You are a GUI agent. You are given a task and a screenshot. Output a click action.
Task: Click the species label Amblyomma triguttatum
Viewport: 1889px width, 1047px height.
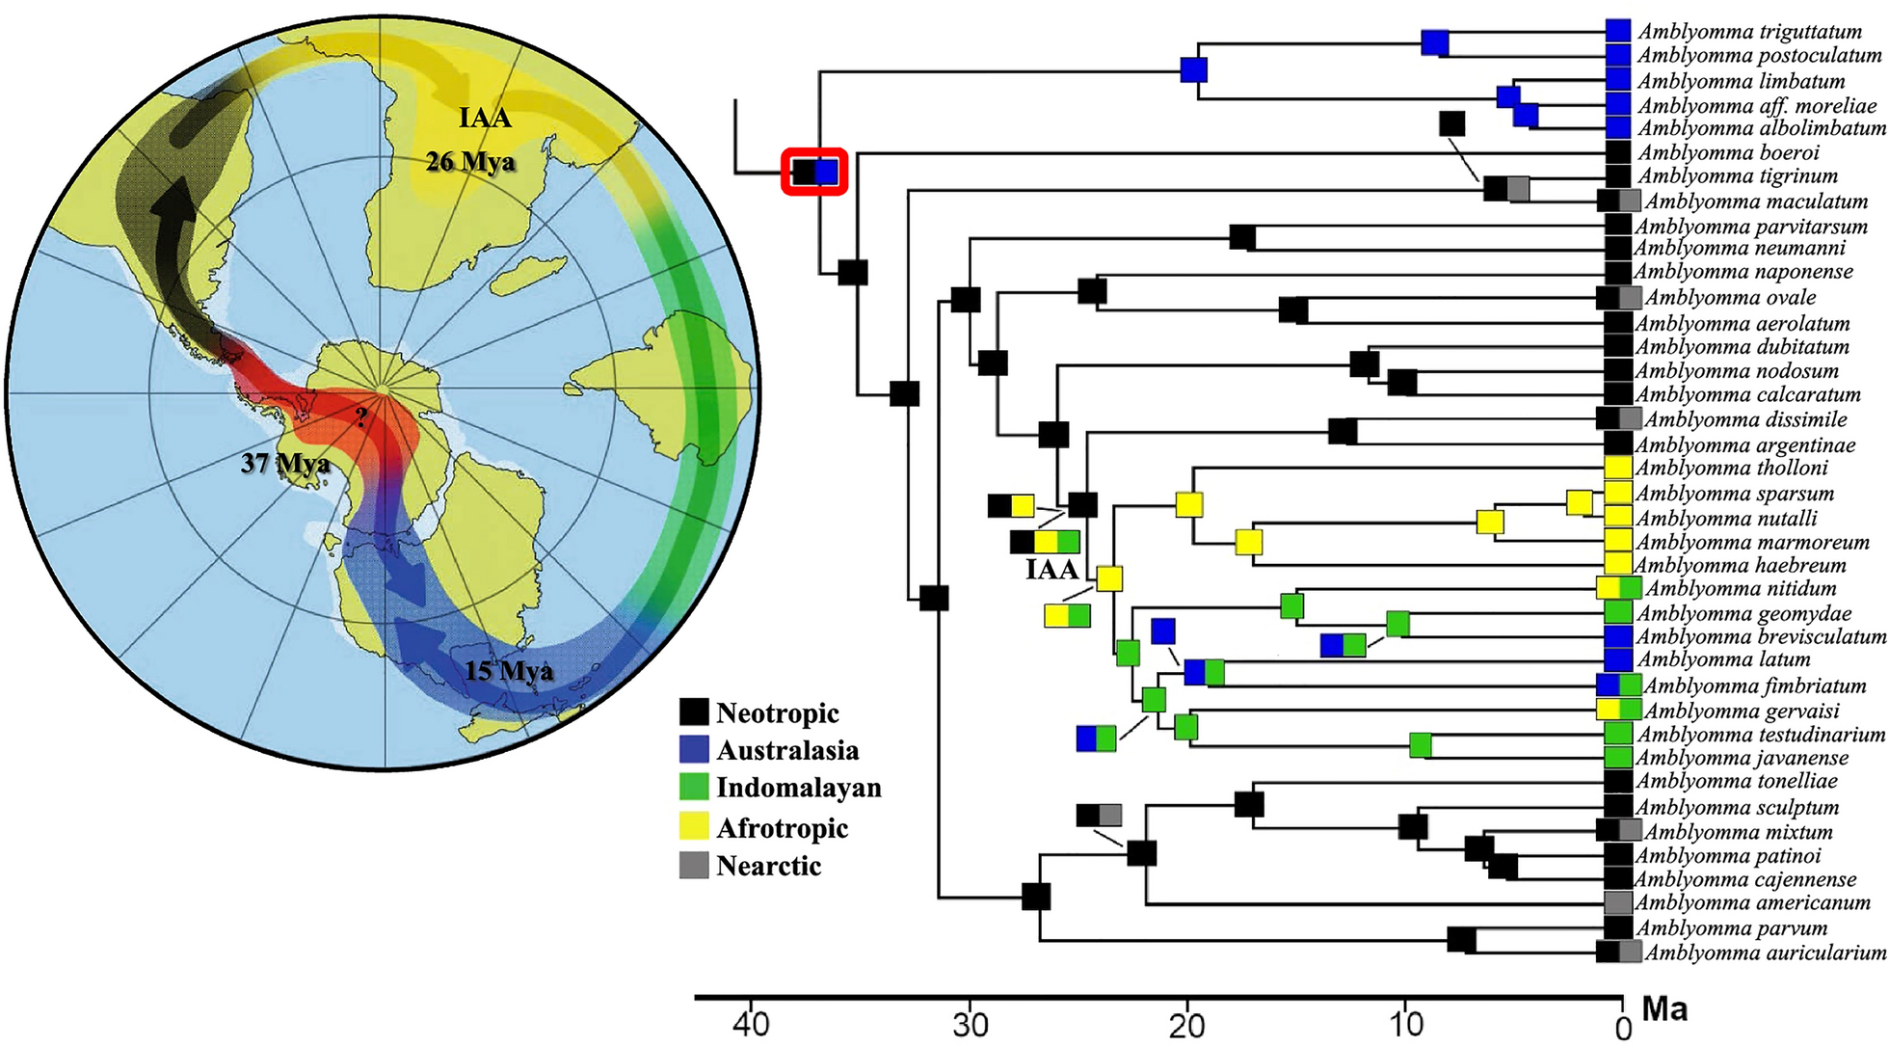(1748, 32)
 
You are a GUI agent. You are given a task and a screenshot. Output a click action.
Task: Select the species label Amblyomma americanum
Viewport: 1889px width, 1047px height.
(1752, 903)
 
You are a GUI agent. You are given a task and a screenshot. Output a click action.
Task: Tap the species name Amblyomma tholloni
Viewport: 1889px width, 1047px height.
(1732, 469)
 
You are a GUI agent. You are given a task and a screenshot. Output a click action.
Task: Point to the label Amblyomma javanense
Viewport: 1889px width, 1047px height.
(1742, 758)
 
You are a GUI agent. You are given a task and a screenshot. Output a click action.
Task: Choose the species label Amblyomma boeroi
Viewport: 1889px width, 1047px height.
(1728, 152)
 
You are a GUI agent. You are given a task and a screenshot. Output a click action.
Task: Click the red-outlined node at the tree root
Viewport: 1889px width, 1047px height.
(814, 172)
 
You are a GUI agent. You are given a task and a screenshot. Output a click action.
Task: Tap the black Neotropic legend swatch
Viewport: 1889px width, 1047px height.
(694, 712)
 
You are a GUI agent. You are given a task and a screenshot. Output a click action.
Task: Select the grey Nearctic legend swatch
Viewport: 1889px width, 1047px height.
(694, 865)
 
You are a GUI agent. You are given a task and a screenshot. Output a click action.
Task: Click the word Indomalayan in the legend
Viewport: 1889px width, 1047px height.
(799, 788)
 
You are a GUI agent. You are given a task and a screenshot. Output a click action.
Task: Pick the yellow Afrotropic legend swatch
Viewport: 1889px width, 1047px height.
(694, 827)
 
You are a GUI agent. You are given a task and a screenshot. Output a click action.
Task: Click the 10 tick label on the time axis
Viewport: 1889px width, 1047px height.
(1407, 1024)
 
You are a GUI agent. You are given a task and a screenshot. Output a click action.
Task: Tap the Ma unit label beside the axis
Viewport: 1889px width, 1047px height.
(1664, 1009)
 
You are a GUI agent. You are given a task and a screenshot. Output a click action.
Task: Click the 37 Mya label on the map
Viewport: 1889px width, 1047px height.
(285, 464)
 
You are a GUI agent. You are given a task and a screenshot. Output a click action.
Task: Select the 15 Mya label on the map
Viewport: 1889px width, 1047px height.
(509, 670)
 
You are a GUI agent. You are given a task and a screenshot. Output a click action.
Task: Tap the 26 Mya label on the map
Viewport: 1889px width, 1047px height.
(470, 161)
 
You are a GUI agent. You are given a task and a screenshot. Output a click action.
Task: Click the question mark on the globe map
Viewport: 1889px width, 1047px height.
(360, 417)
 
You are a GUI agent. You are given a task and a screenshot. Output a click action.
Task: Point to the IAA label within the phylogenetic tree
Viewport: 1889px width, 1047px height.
(1052, 570)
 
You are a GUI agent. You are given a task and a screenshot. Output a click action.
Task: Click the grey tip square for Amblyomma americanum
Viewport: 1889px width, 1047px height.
(1618, 903)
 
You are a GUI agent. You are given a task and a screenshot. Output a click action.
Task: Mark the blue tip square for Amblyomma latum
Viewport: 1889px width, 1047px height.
(1618, 660)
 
